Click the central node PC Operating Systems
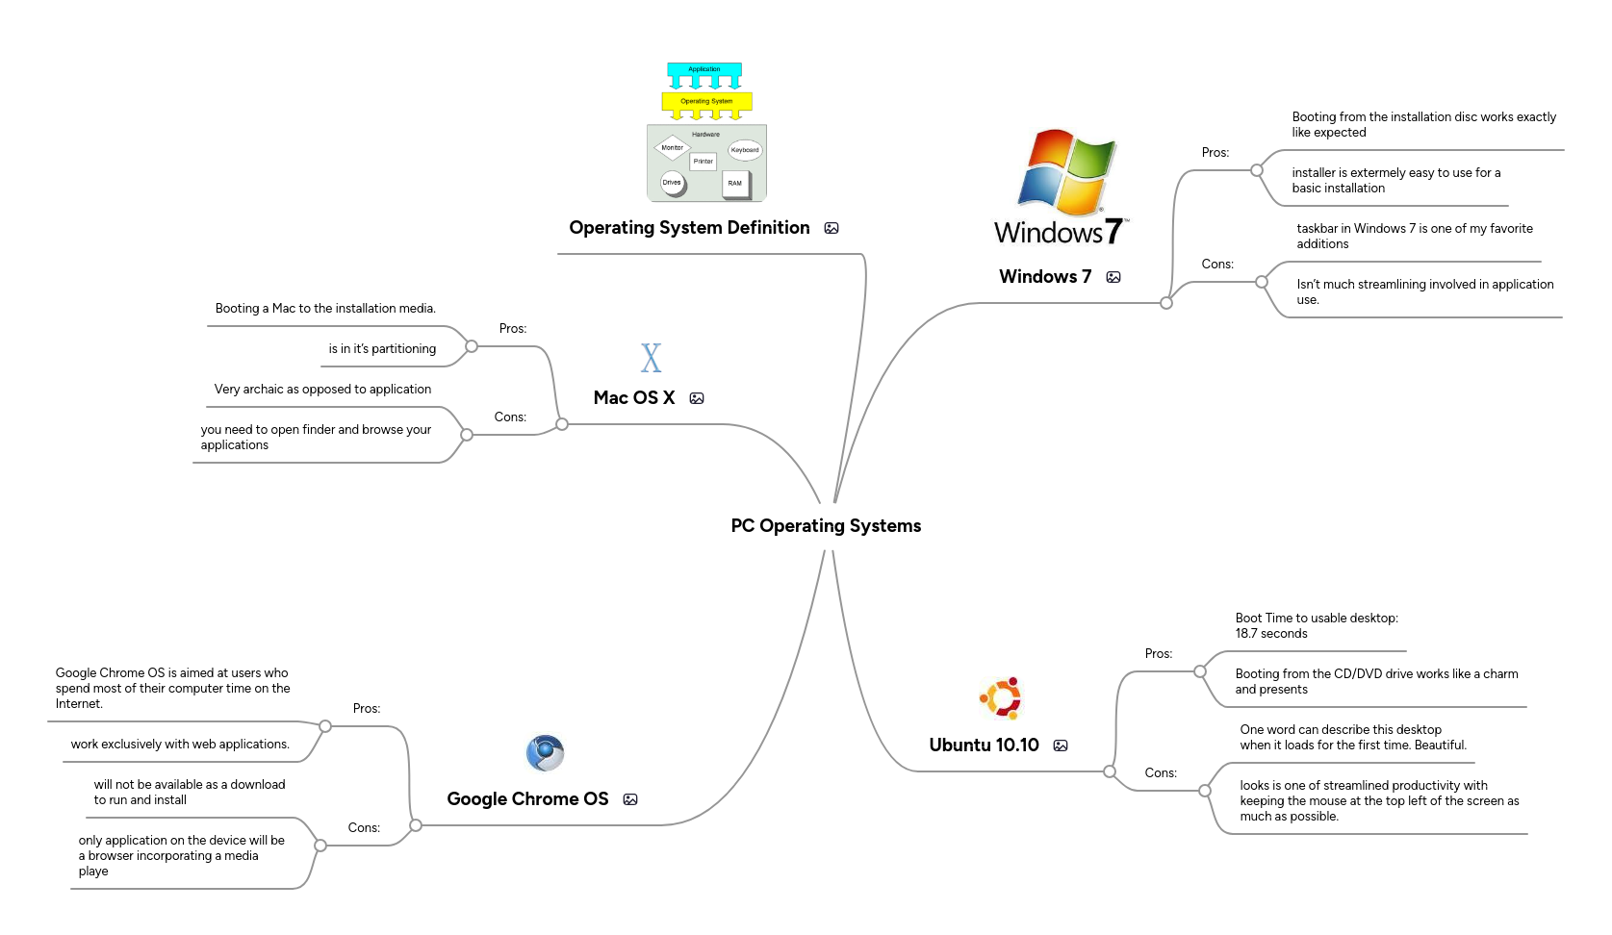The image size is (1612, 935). pyautogui.click(x=826, y=525)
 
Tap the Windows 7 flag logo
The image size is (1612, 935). pyautogui.click(x=1065, y=172)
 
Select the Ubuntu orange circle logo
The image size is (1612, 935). pyautogui.click(x=1001, y=698)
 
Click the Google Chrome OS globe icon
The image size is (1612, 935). pyautogui.click(x=545, y=753)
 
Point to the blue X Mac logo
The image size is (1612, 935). pyautogui.click(x=652, y=359)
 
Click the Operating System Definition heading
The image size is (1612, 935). pyautogui.click(x=689, y=228)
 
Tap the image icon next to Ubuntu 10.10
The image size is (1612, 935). pyautogui.click(x=1061, y=745)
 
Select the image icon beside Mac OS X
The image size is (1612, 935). pyautogui.click(x=697, y=398)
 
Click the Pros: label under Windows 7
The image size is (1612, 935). pyautogui.click(x=1215, y=152)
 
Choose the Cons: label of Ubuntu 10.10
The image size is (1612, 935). pyautogui.click(x=1160, y=772)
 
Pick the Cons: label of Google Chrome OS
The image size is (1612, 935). pyautogui.click(x=364, y=827)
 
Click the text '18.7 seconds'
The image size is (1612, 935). pyautogui.click(x=1270, y=633)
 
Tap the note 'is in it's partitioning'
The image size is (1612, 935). pyautogui.click(x=382, y=348)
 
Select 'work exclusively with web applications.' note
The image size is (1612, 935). pyautogui.click(x=180, y=744)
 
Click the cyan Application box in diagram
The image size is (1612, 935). pyautogui.click(x=704, y=69)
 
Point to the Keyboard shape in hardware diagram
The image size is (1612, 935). pyautogui.click(x=745, y=150)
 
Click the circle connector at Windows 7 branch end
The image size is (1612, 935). pyautogui.click(x=1166, y=303)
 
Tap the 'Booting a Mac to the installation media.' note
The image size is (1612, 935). pyautogui.click(x=325, y=308)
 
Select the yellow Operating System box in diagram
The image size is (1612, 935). pyautogui.click(x=706, y=101)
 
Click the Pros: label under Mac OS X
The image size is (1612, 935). pyautogui.click(x=512, y=328)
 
